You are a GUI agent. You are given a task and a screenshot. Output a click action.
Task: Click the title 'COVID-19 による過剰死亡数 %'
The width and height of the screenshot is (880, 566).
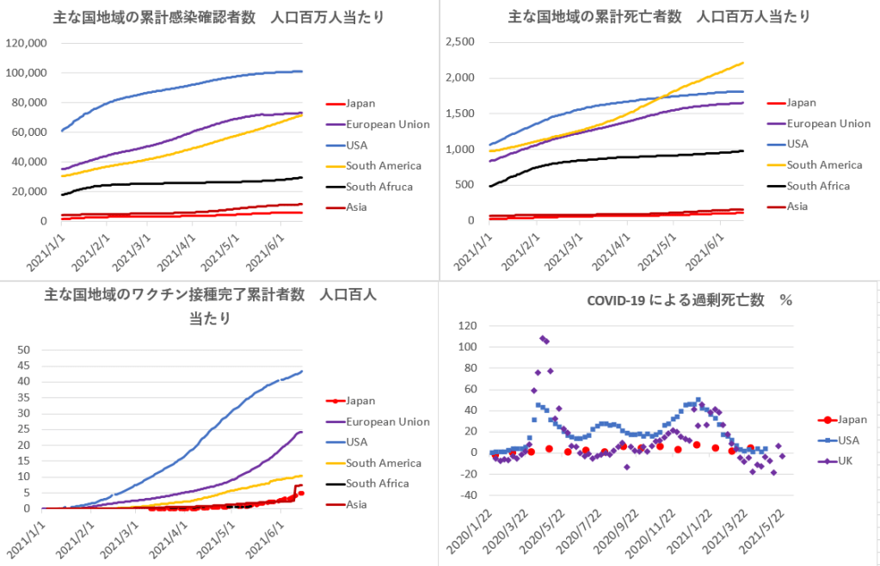tap(688, 300)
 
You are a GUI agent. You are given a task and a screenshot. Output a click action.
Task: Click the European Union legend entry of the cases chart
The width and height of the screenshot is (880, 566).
tap(387, 125)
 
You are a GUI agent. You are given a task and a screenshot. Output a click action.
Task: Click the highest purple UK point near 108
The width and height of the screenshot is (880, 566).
tap(542, 338)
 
